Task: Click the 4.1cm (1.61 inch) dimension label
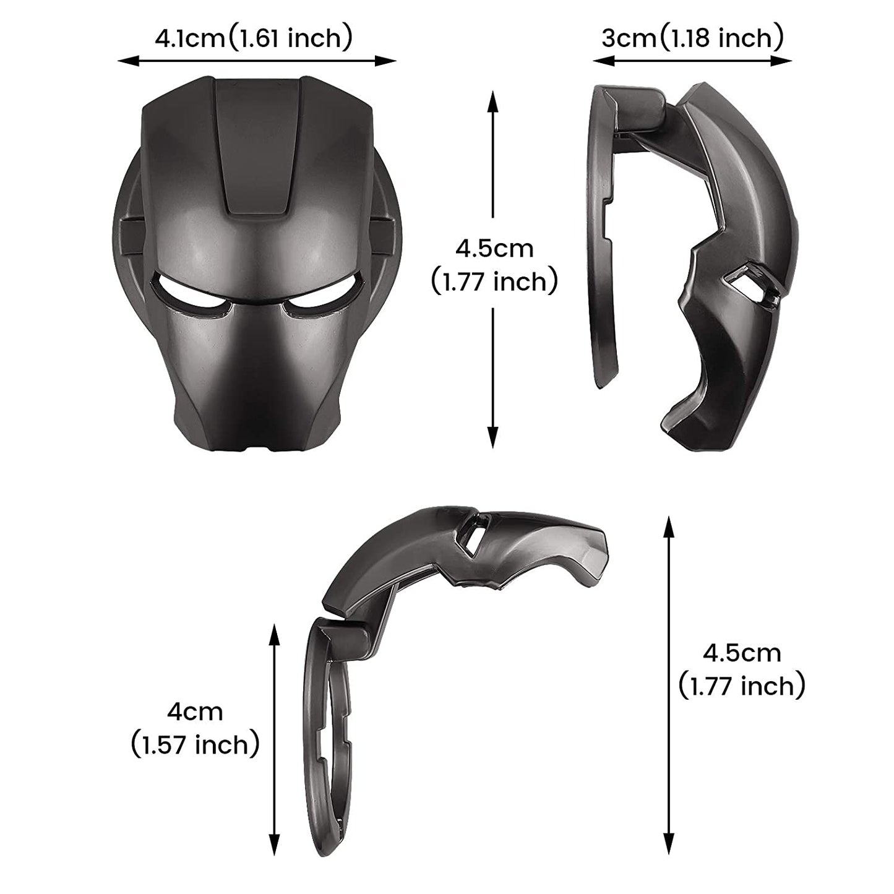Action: (x=254, y=38)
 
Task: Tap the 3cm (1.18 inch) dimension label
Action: (x=693, y=38)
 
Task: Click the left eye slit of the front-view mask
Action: (x=190, y=291)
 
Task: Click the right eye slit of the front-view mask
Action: (x=322, y=291)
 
